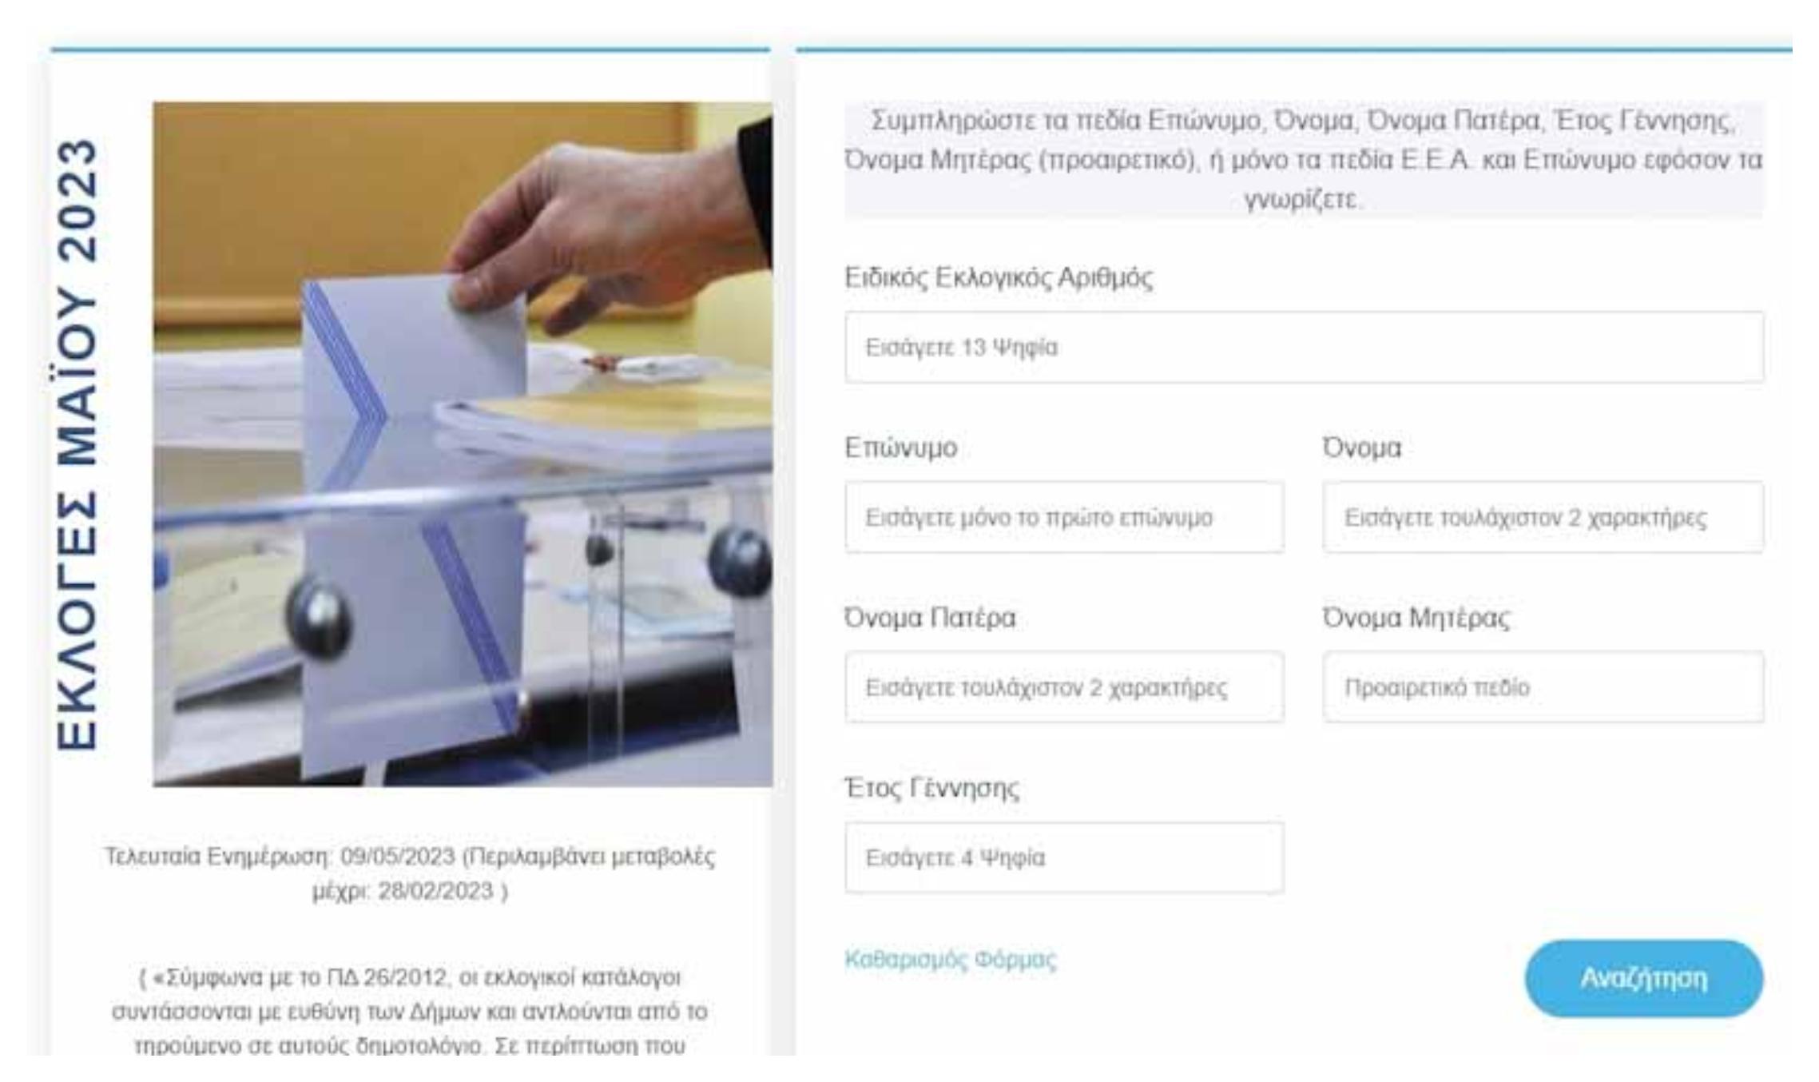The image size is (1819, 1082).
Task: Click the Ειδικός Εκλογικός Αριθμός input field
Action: [1304, 347]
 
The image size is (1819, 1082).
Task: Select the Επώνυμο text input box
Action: [1064, 517]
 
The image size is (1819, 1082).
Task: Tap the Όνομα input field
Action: [1543, 517]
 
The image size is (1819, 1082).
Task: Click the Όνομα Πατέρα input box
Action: [1064, 687]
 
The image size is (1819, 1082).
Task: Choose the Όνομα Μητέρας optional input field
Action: [1543, 687]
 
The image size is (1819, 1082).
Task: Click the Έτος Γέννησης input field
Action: [1064, 857]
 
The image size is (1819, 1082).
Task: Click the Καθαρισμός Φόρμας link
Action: [950, 959]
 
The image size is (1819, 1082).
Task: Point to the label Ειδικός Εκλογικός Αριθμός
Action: [999, 278]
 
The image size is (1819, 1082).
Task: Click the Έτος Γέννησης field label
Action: [931, 788]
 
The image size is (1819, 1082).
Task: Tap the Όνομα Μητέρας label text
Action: [1416, 618]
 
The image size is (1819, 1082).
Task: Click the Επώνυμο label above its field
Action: [900, 448]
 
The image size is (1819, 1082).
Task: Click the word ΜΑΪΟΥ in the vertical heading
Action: [78, 376]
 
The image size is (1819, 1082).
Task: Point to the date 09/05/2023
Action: [397, 857]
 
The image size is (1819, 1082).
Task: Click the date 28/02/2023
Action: [435, 891]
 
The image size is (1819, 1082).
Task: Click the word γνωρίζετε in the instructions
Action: [1302, 198]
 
